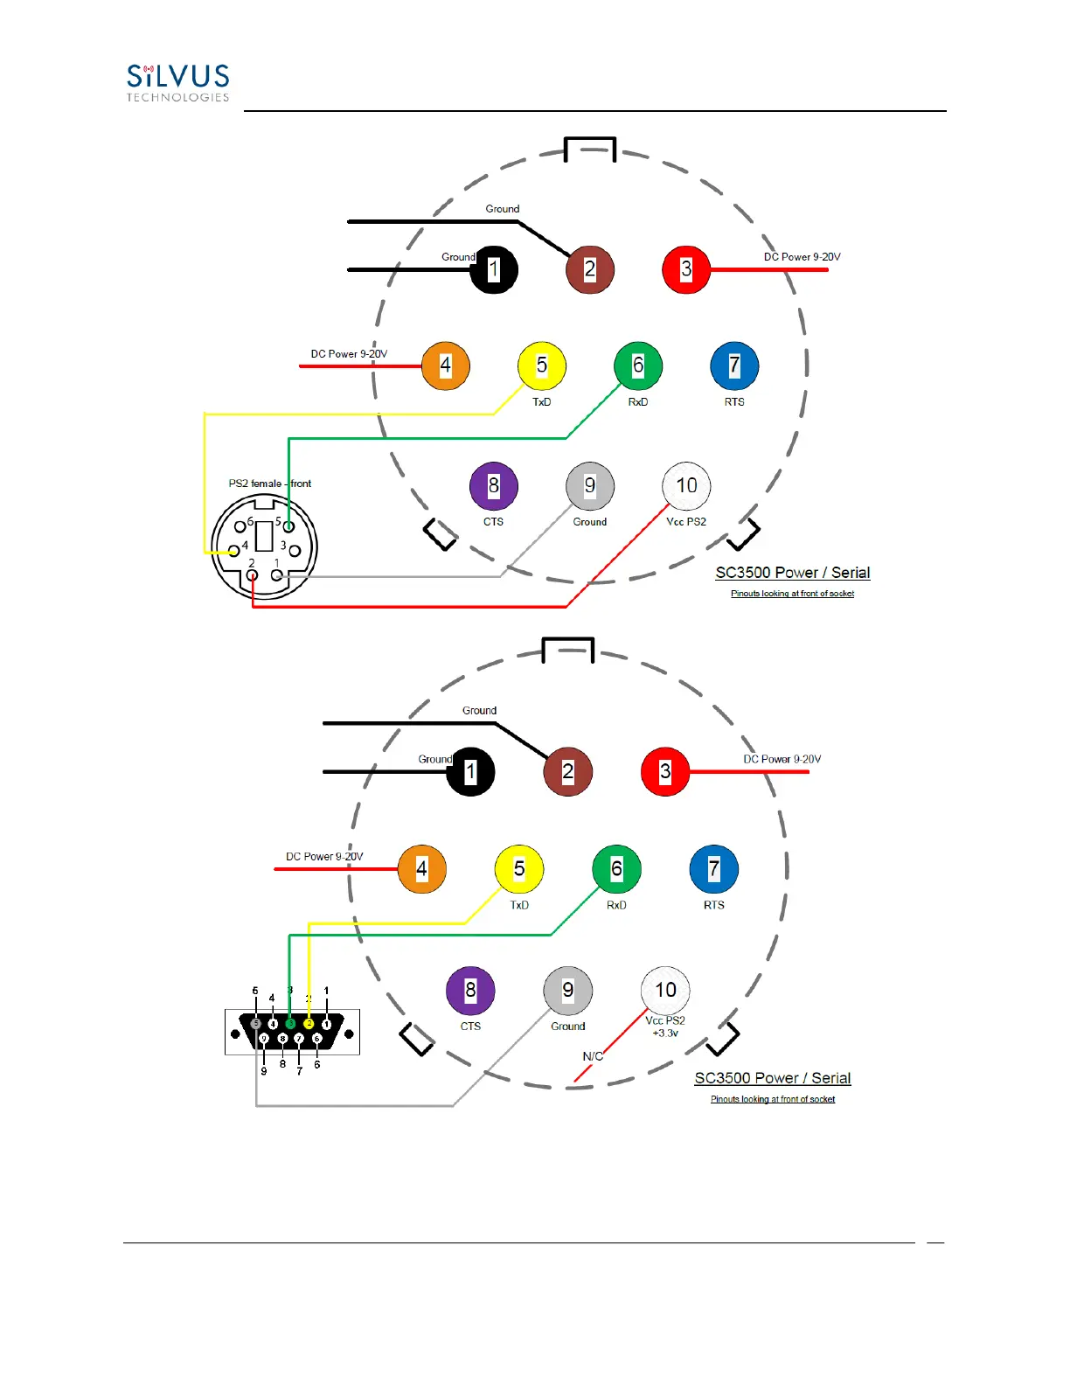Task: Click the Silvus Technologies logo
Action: tap(177, 83)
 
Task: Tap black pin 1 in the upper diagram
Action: tap(494, 269)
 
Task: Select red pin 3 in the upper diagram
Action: tap(686, 269)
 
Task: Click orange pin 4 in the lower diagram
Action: tap(422, 869)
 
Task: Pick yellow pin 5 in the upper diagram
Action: tap(542, 365)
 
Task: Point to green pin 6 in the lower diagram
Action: tap(616, 869)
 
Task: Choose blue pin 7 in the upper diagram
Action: tap(734, 365)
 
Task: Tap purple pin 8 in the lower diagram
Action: tap(470, 990)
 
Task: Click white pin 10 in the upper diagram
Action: tap(687, 485)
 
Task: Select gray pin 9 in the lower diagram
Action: tap(568, 990)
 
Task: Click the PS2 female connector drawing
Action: tap(264, 546)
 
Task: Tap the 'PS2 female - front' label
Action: tap(270, 484)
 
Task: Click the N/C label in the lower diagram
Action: tap(593, 1056)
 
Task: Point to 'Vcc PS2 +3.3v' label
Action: tap(665, 1027)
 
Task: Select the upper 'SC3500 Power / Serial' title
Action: tap(793, 573)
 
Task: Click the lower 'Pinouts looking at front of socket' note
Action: tap(773, 1099)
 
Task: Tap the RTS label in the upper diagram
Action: tap(734, 402)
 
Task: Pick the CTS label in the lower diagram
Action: tap(470, 1027)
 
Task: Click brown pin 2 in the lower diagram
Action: tap(568, 772)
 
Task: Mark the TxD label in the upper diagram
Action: tap(542, 402)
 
